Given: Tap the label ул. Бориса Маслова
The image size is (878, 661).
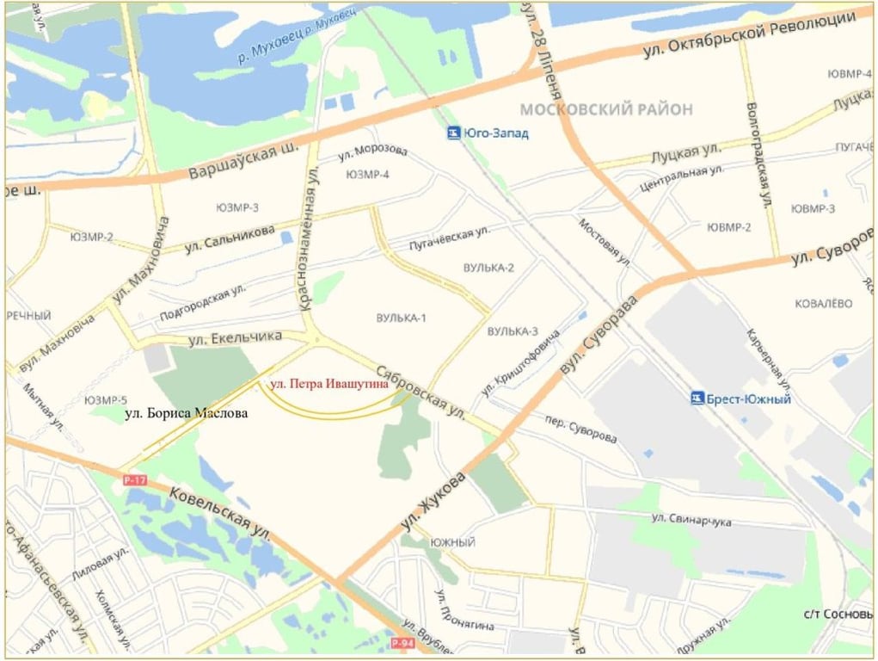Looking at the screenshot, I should coord(187,414).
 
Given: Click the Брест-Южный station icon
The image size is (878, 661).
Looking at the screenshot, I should coord(697,398).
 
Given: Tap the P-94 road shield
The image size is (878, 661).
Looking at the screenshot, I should coord(402,643).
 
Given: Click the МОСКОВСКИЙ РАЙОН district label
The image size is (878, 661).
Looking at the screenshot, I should coord(606,109).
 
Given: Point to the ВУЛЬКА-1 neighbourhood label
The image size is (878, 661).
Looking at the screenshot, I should coord(401,318).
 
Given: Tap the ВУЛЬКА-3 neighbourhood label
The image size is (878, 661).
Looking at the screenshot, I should coord(513,331).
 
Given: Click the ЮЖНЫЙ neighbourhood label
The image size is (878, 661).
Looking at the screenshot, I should coord(453,542).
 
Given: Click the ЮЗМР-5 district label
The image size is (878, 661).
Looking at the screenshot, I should coord(106,400).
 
